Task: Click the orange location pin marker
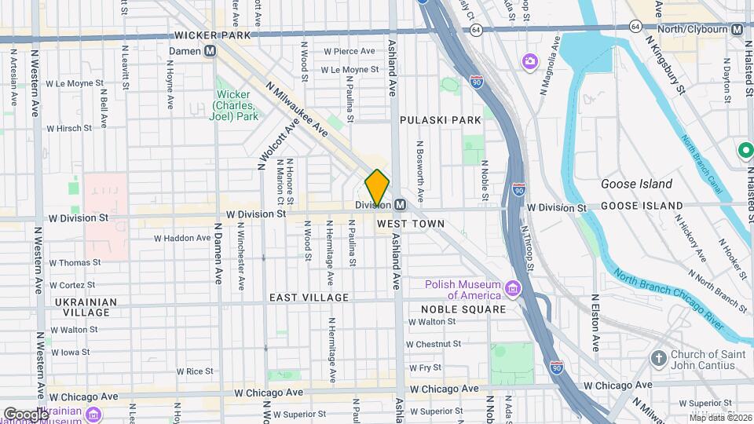tap(377, 187)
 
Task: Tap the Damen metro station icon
tap(210, 51)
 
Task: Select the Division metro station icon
tap(400, 205)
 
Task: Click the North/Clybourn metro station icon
tap(737, 29)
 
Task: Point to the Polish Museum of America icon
tap(513, 290)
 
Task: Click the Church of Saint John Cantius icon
tap(659, 359)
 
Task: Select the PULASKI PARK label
tap(440, 120)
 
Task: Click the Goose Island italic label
tap(636, 184)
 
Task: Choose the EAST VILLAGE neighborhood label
tap(309, 298)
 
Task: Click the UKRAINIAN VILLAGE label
tap(86, 307)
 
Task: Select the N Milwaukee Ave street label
tap(296, 111)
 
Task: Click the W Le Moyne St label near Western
tap(75, 82)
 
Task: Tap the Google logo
tap(25, 414)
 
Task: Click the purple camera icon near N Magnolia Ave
tap(529, 60)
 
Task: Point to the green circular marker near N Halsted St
tap(745, 149)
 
